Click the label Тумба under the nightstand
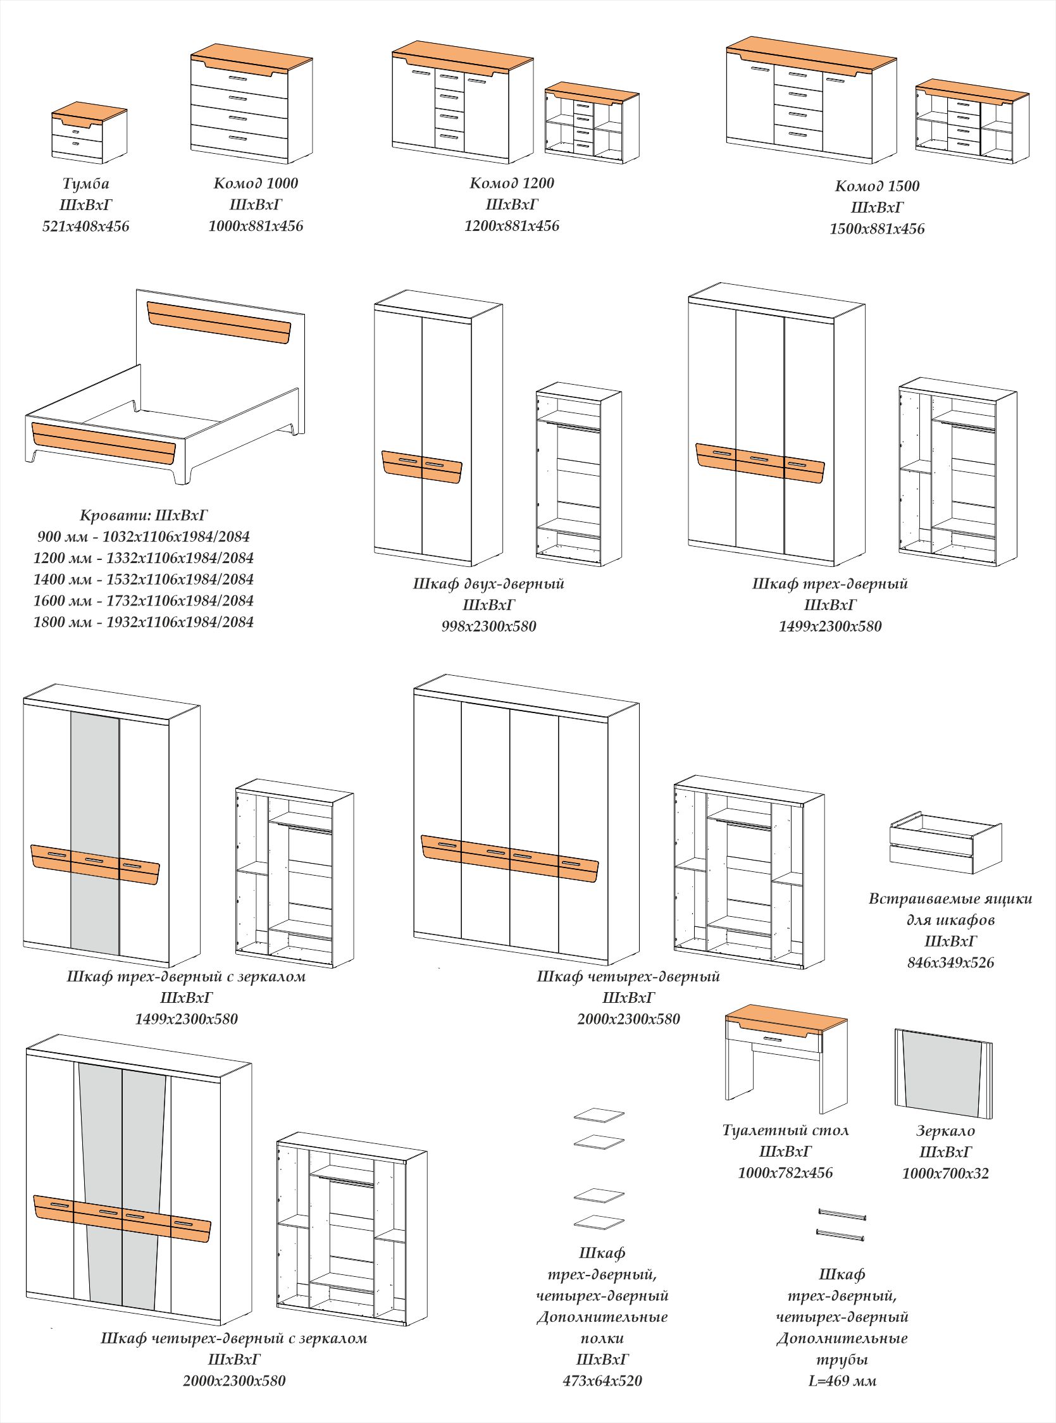point(85,183)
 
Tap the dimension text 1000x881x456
point(256,226)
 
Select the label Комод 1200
point(511,183)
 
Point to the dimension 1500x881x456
point(876,229)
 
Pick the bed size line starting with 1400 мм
point(143,579)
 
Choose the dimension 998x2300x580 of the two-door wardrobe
point(488,626)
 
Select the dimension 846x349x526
point(950,962)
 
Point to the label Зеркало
point(945,1130)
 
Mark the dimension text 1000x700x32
point(945,1173)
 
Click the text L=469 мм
point(842,1381)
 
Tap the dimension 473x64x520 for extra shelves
point(602,1381)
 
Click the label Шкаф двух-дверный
point(488,583)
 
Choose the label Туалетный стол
point(785,1129)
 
